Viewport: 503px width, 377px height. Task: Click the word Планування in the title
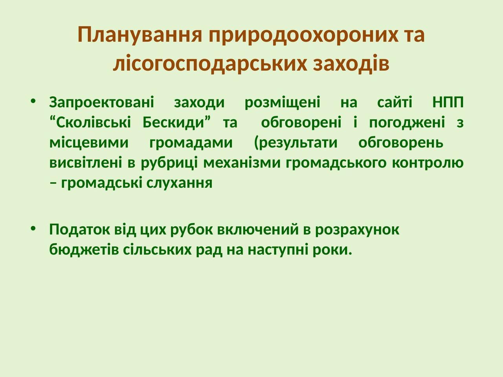140,35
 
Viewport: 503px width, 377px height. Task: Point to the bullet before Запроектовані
33,101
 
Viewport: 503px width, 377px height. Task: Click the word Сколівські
90,122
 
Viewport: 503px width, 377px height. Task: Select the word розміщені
282,103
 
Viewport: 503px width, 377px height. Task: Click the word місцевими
89,143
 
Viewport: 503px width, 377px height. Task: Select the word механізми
242,162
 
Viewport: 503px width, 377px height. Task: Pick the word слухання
180,183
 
